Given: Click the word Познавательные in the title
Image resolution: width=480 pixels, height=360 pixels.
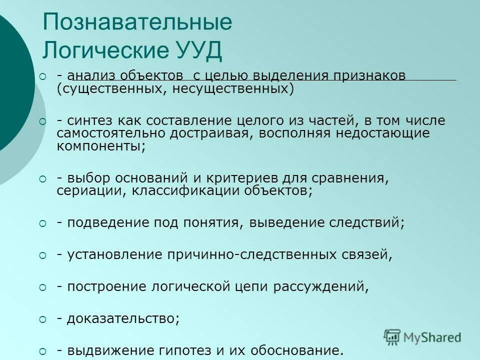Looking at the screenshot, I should coord(137,23).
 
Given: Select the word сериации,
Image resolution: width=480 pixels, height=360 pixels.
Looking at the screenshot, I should coord(91,191).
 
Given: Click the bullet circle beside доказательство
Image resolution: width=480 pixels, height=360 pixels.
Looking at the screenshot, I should coord(42,319).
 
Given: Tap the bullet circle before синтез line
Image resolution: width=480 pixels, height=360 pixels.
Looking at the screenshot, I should coord(42,121).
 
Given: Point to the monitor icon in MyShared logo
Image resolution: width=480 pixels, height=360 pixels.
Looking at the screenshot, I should coord(392,336).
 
